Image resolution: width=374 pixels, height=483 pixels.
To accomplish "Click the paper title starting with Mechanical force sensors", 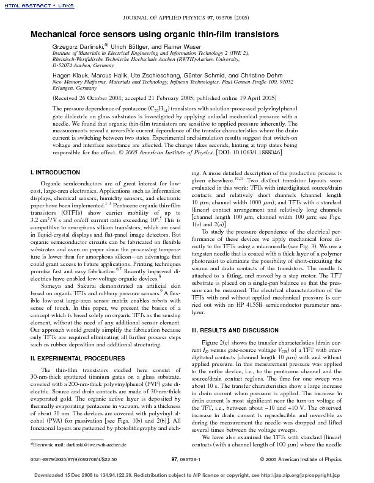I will pyautogui.click(x=155, y=35).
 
